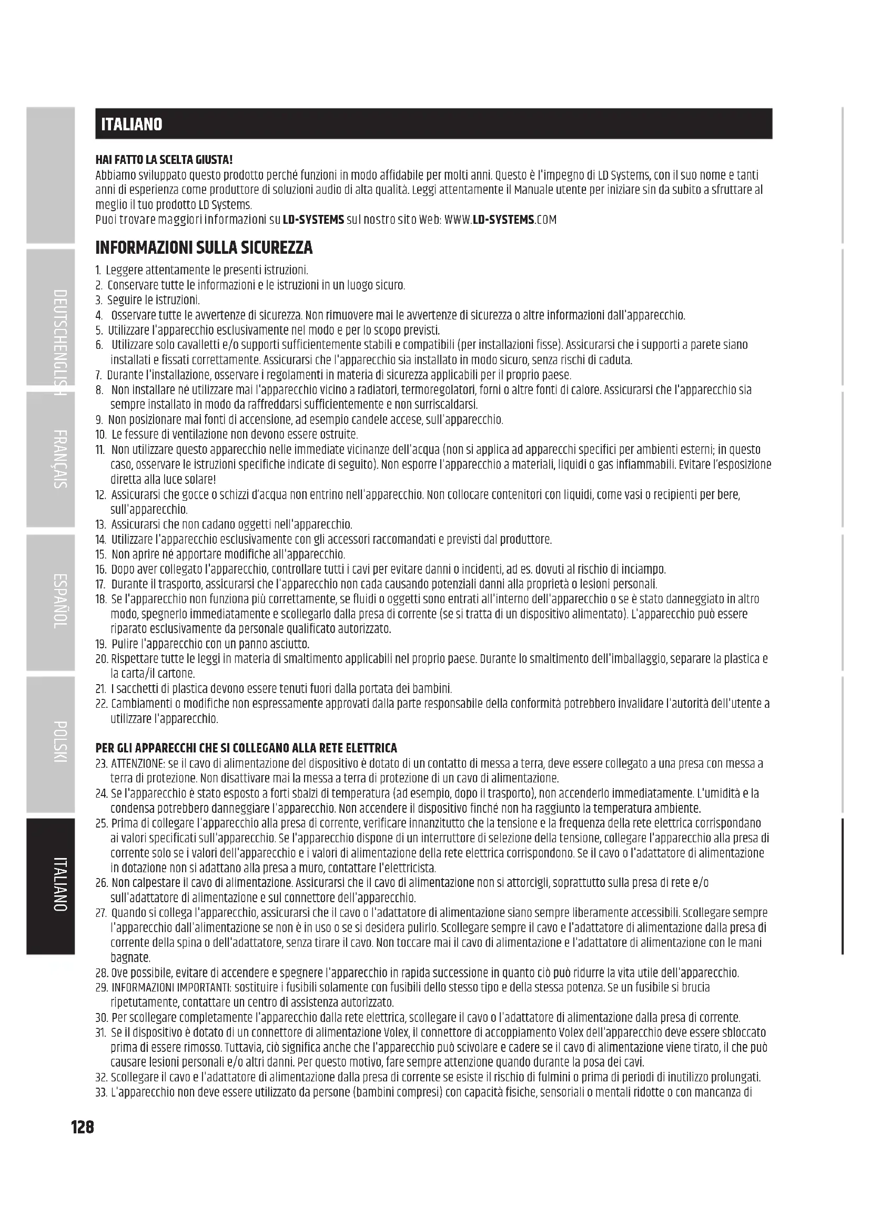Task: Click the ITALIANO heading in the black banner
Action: [x=132, y=124]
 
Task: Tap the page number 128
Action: [x=83, y=1128]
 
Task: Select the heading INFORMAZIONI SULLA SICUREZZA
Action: [x=204, y=248]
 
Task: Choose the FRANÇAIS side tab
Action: [x=60, y=458]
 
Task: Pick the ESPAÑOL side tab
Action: [x=60, y=601]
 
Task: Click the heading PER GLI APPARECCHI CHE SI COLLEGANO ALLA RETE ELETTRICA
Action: [x=246, y=748]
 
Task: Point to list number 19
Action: [x=101, y=644]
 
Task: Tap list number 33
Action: [x=101, y=1092]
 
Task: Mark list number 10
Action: [x=101, y=434]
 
